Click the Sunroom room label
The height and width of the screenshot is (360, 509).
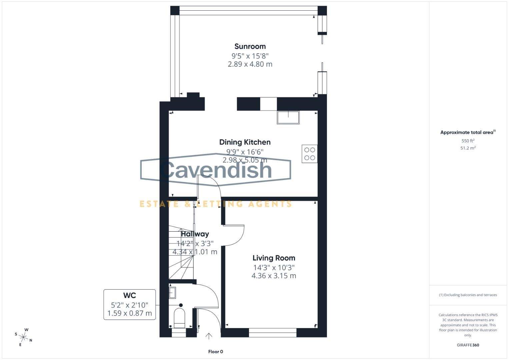click(x=250, y=46)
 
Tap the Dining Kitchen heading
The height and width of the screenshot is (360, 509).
click(x=245, y=142)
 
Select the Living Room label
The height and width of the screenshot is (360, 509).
click(x=274, y=258)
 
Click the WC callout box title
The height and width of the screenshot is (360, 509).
click(x=130, y=295)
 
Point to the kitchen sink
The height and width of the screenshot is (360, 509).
click(x=288, y=117)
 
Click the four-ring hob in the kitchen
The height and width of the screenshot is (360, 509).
click(x=310, y=154)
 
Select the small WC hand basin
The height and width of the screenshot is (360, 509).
click(x=172, y=293)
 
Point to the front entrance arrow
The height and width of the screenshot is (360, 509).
click(x=209, y=336)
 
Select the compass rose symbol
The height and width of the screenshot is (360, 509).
click(x=24, y=337)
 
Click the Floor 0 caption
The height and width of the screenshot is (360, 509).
click(x=215, y=352)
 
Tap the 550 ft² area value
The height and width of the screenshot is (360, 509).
click(x=468, y=141)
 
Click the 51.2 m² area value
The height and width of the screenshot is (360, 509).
click(x=468, y=148)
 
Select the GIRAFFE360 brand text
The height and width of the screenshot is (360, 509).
click(x=468, y=345)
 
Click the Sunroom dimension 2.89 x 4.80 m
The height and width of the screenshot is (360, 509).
click(x=250, y=64)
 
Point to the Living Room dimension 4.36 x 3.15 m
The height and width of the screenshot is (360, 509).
click(x=274, y=276)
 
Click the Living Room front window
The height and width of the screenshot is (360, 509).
click(x=273, y=332)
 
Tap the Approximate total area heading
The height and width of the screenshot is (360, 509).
click(x=467, y=132)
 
